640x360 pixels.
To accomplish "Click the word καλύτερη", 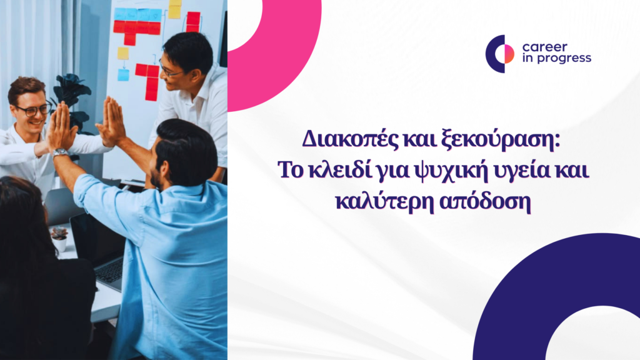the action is tap(384, 202).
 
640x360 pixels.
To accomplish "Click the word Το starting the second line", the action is tap(291, 170).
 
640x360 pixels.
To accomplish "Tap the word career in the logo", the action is tap(544, 47).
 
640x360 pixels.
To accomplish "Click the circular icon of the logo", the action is tap(499, 54).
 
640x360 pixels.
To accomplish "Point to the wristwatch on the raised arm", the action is tap(61, 152).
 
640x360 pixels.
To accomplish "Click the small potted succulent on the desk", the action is tap(59, 239).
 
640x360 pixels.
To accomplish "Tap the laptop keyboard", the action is tap(109, 271).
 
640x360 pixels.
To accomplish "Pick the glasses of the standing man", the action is tap(169, 70).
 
